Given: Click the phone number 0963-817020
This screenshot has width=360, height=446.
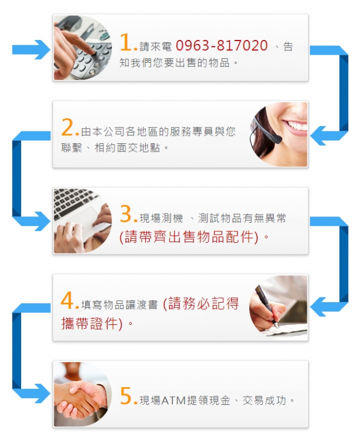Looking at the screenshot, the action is click(222, 46).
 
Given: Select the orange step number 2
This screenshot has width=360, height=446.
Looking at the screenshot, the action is click(67, 127).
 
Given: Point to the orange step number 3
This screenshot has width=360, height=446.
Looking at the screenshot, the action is click(126, 214).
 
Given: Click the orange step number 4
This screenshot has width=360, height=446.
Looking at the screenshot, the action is click(67, 300).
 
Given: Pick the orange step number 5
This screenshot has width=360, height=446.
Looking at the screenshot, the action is click(126, 396).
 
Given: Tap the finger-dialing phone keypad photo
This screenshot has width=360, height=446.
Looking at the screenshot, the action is click(82, 47).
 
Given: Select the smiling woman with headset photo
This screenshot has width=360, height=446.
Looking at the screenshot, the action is click(279, 134).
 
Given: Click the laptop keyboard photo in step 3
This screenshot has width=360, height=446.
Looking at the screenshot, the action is click(82, 221).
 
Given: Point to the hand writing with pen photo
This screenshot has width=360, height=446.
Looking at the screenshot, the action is click(278, 307).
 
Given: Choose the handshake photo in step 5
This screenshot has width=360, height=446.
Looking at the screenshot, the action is click(82, 394).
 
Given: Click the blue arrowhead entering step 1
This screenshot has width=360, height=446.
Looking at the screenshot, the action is click(42, 50).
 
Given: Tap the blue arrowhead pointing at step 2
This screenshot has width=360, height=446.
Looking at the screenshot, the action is click(318, 136).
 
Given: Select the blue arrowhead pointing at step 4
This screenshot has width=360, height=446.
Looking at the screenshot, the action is click(318, 307).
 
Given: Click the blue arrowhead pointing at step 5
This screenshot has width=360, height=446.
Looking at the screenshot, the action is click(42, 393).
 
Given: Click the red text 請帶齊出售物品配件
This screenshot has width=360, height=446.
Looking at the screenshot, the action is click(189, 236).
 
